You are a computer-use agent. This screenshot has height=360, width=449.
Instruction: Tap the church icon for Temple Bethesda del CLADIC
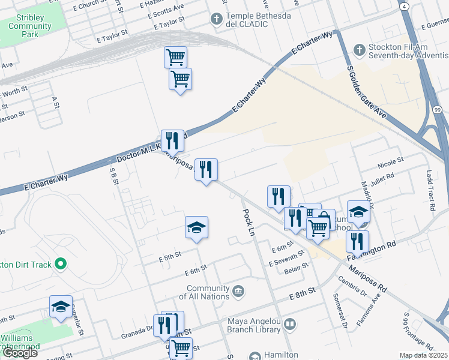[216, 19]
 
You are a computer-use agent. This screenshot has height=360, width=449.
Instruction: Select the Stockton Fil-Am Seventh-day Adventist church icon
[359, 50]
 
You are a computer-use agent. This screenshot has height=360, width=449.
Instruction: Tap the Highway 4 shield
[404, 5]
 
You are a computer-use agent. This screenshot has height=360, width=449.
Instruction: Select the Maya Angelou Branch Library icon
[290, 325]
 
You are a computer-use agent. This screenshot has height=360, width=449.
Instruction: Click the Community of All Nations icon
[239, 292]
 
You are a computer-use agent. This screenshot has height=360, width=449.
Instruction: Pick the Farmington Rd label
[373, 250]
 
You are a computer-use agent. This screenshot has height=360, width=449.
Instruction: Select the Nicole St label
[390, 164]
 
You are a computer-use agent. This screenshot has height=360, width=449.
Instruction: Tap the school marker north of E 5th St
[196, 228]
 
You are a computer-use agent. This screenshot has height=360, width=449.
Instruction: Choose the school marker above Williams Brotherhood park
[61, 307]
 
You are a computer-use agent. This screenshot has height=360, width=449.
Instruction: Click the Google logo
[20, 352]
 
